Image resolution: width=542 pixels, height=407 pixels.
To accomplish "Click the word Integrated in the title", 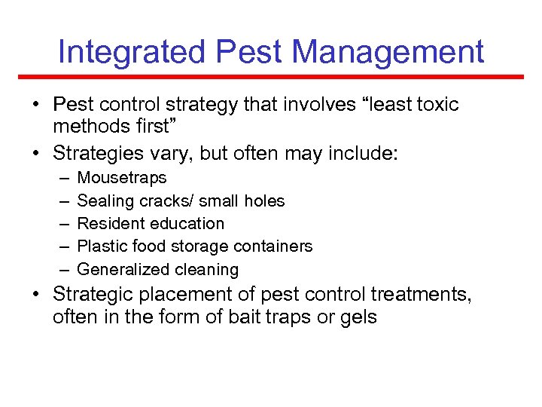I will tap(132, 52).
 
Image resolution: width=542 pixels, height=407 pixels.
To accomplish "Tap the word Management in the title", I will tap(388, 52).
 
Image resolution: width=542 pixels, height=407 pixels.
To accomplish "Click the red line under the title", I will tap(271, 77).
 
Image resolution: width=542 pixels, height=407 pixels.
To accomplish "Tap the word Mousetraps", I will tap(122, 179).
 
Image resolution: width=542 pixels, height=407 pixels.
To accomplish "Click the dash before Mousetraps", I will tap(62, 179).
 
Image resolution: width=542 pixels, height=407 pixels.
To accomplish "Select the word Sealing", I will tap(105, 201).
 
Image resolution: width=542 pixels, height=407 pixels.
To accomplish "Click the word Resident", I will tap(111, 224).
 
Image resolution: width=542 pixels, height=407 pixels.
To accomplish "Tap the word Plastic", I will tap(102, 246).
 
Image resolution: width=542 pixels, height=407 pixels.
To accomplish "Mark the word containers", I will tap(276, 246).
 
